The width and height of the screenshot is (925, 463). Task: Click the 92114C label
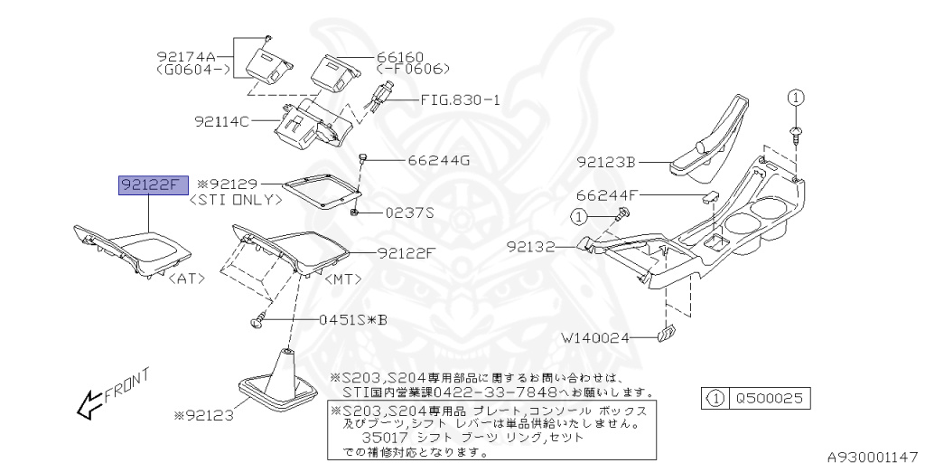point(221,119)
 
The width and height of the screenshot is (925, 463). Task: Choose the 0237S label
point(410,213)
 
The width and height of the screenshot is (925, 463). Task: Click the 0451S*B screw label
point(355,320)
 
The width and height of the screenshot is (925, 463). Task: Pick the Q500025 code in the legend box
point(771,397)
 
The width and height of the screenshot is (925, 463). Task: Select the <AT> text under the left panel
point(188,279)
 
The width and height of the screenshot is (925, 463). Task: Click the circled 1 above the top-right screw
point(795,97)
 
